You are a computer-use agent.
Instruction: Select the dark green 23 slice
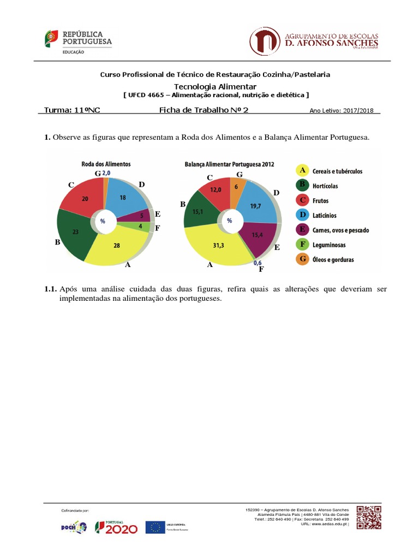point(75,232)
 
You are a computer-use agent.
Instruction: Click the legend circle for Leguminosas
point(302,245)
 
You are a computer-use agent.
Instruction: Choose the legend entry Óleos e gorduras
point(333,259)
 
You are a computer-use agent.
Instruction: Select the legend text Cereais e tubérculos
point(337,171)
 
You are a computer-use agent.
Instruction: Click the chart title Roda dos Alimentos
point(106,163)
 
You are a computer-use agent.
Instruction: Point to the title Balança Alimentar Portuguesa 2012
point(229,163)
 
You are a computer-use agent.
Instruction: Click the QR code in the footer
point(369,517)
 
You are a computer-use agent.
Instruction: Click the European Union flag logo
point(155,527)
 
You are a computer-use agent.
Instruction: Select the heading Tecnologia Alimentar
point(215,87)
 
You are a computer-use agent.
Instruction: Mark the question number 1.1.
point(51,289)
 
